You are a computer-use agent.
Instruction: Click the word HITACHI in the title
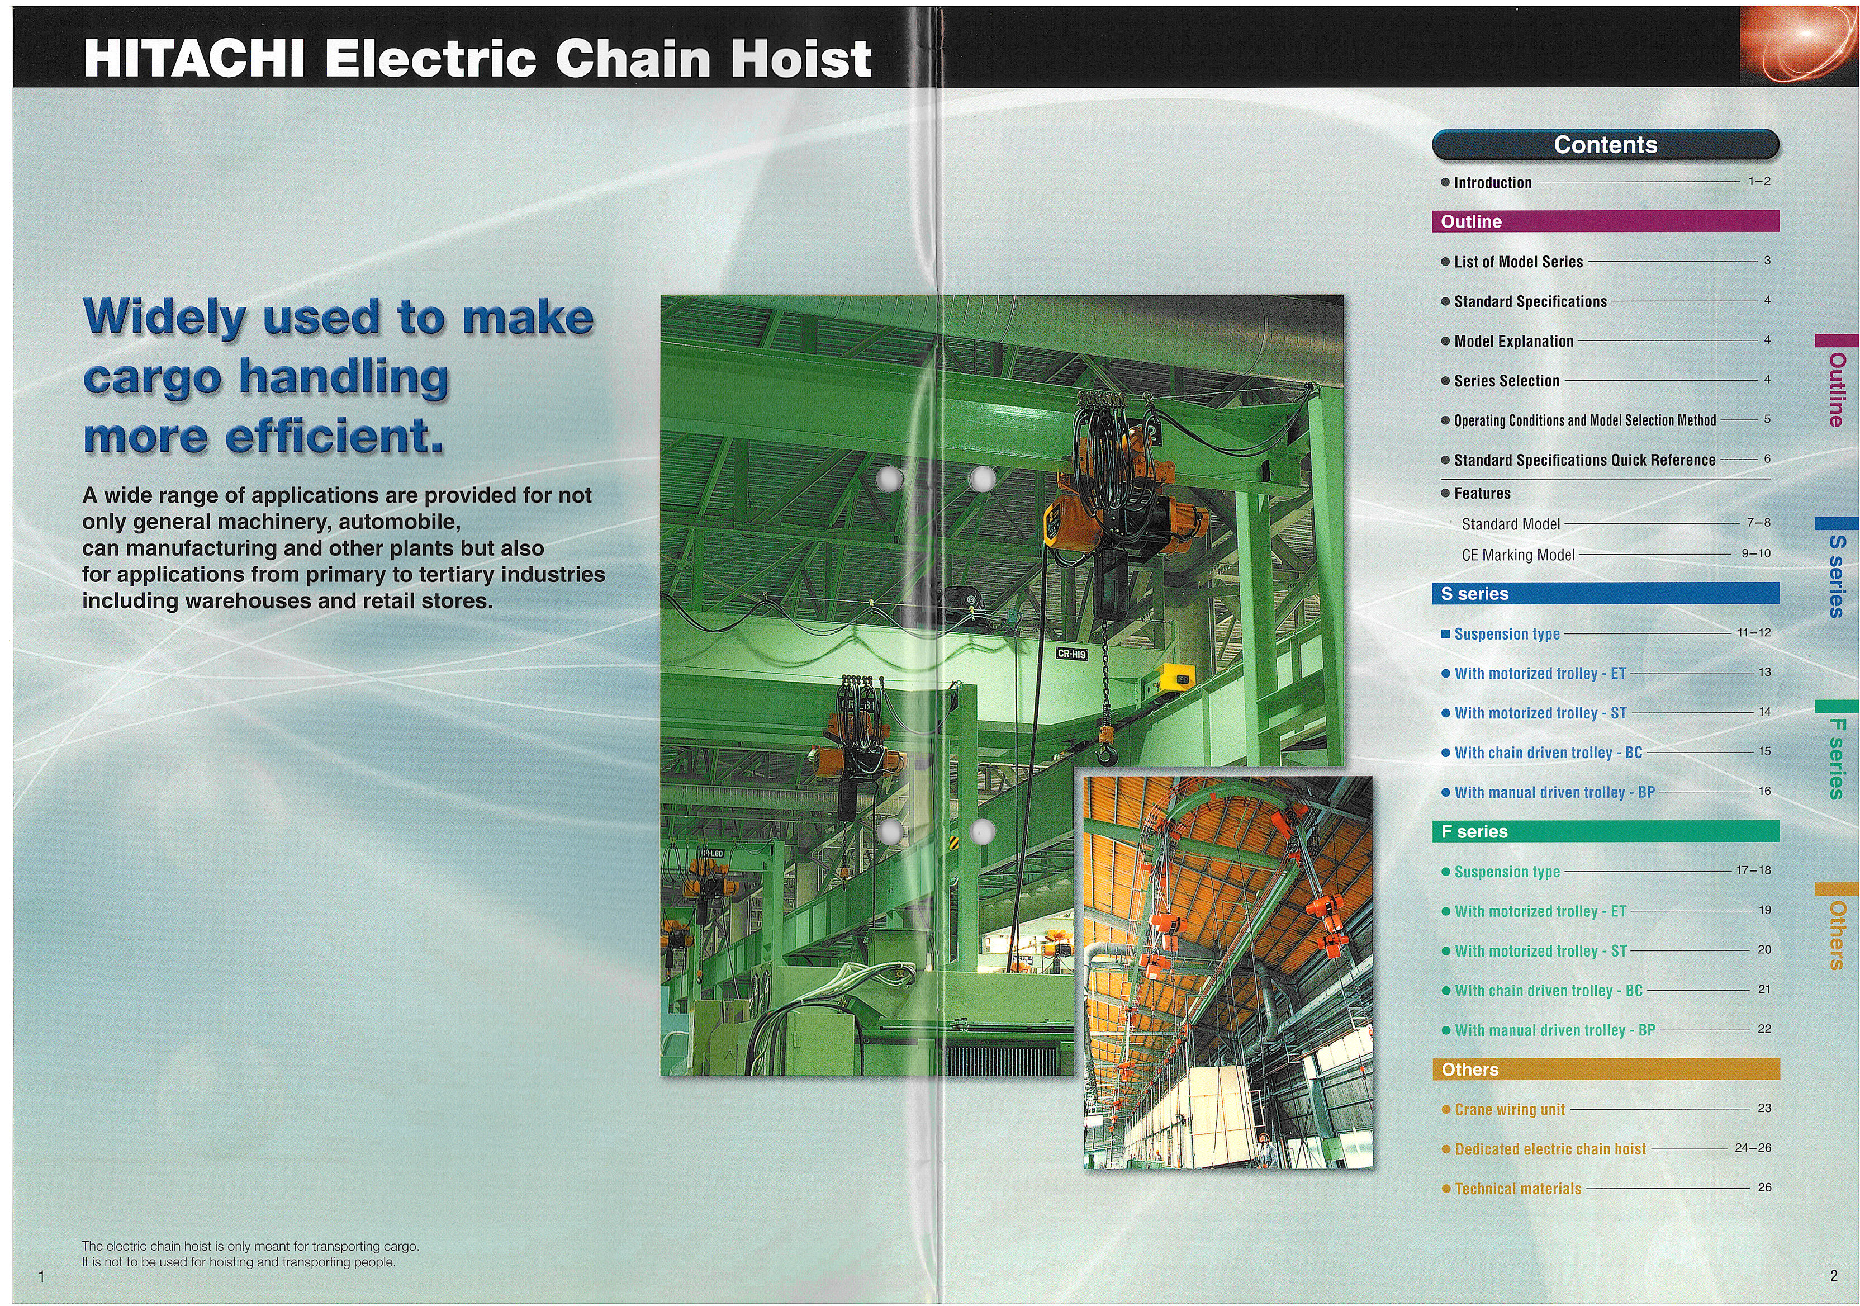194,58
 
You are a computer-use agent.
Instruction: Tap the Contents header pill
1606,144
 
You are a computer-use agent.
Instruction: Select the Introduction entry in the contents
1492,182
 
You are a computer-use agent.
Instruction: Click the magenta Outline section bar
1606,221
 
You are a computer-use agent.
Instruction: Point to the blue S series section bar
1606,593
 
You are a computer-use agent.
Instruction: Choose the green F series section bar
1606,831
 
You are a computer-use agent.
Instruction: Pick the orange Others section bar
1606,1070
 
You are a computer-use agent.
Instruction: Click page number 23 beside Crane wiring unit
1764,1108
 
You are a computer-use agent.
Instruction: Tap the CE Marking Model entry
1518,555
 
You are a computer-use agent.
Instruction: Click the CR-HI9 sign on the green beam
1072,654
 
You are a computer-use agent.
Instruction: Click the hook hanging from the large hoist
1107,754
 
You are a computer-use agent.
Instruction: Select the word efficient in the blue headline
335,437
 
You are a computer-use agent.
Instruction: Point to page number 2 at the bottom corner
1834,1276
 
